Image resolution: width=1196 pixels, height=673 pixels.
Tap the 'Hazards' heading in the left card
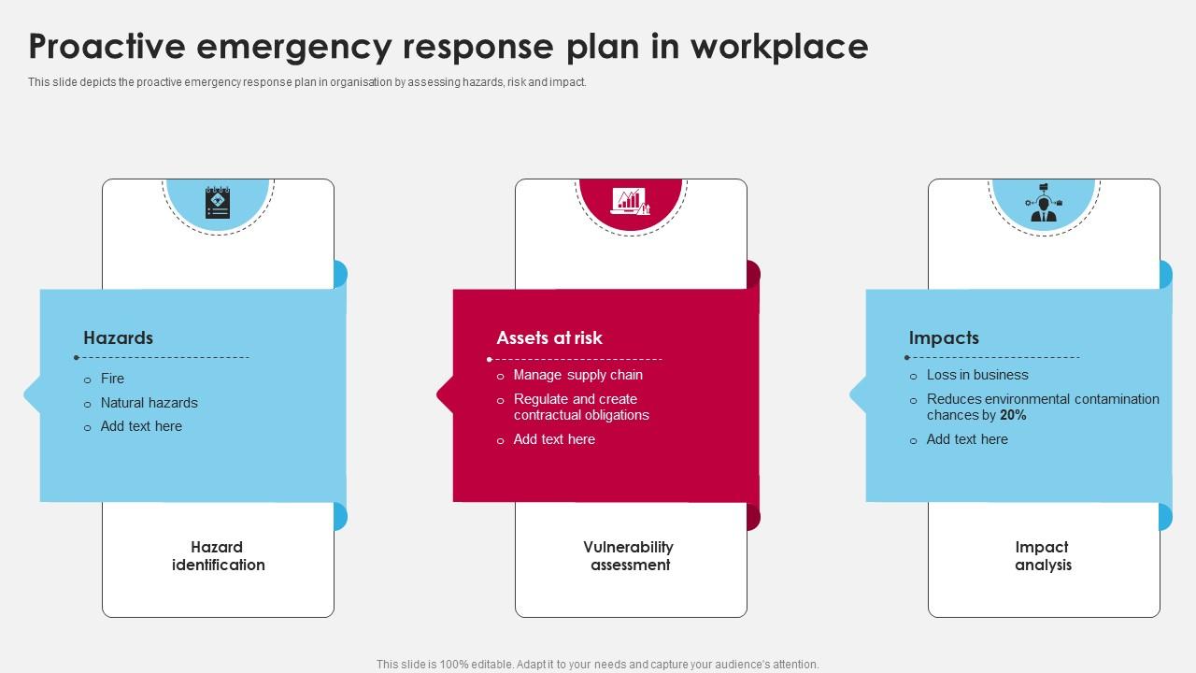(118, 338)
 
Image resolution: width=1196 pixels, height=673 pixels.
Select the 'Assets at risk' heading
(549, 338)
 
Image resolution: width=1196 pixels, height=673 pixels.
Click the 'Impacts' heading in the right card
(944, 338)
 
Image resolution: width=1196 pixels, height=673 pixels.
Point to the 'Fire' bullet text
(112, 379)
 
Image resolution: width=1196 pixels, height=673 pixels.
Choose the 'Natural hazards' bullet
(149, 403)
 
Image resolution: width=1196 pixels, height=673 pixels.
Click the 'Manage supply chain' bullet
(578, 375)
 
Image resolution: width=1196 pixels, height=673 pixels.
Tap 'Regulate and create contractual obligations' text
(581, 408)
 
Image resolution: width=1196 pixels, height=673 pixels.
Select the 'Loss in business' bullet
(977, 375)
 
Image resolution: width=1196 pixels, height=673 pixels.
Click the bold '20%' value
(1013, 415)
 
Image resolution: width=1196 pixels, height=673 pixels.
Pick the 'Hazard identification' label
(218, 556)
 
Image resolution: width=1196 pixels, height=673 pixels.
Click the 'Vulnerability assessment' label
(629, 556)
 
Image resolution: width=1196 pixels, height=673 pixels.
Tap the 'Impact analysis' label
(1043, 556)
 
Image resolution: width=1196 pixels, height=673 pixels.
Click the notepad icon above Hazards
(218, 203)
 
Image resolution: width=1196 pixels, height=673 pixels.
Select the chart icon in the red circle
(630, 201)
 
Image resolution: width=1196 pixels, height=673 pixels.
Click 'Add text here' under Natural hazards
(141, 426)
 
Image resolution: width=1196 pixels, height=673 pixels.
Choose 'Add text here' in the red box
(554, 439)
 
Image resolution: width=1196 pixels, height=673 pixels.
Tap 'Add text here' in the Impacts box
(967, 439)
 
